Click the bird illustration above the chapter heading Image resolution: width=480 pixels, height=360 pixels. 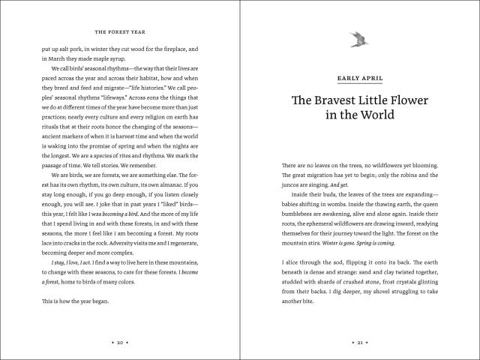coord(360,37)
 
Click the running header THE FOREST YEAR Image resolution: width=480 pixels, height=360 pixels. coord(121,32)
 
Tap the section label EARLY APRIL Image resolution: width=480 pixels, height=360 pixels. coord(360,77)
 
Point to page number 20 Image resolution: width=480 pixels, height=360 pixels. coord(120,340)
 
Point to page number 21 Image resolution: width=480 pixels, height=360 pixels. coord(360,340)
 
